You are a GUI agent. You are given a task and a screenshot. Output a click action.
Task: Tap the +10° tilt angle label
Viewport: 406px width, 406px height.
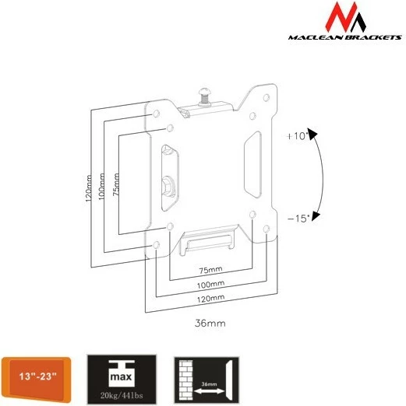(298, 136)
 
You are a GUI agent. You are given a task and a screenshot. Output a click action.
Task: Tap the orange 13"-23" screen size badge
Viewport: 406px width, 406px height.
(37, 376)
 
